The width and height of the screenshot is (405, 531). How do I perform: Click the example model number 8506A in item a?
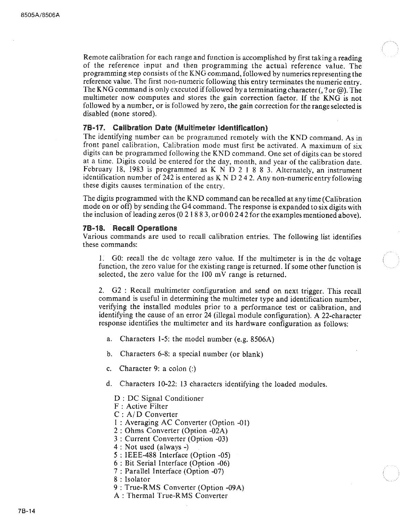pos(262,339)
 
